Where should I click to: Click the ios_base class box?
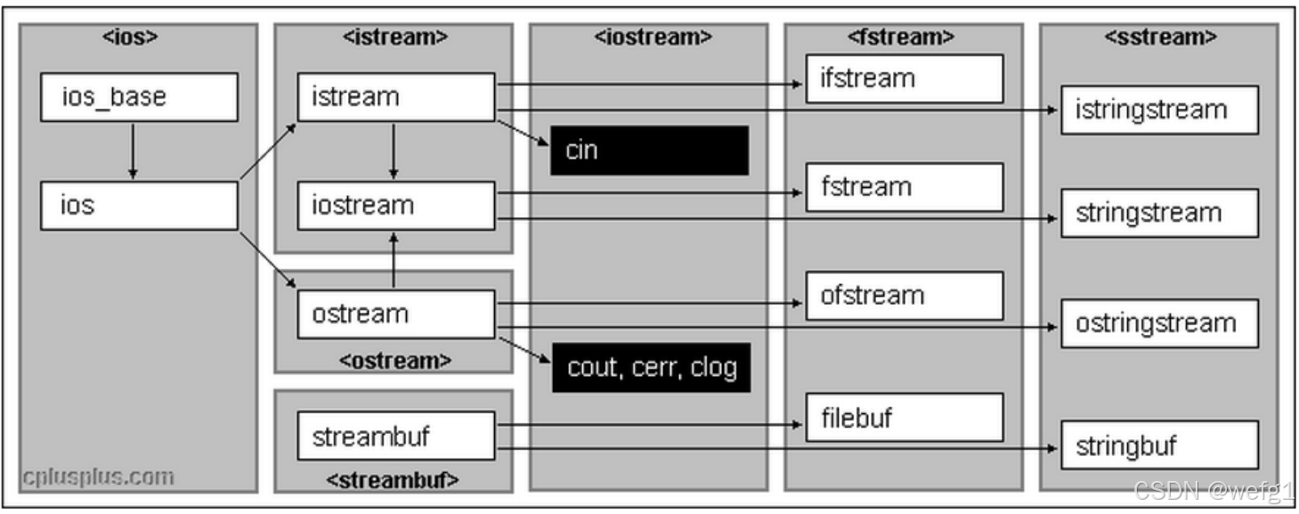coord(139,97)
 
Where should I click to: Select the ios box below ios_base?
coord(139,206)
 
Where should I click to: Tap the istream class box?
coord(395,97)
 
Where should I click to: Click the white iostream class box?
coord(395,206)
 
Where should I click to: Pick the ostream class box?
coord(395,314)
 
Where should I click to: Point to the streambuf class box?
coord(395,436)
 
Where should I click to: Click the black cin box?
coord(649,150)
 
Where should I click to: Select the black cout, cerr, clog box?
coord(651,367)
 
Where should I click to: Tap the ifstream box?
coord(904,78)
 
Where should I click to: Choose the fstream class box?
coord(904,187)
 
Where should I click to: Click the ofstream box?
coord(904,296)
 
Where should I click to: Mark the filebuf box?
coord(904,417)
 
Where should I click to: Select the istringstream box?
coord(1159,110)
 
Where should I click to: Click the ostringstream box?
coord(1159,323)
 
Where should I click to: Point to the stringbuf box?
coord(1159,445)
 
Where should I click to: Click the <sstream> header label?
coord(1160,37)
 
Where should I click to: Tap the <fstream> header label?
coord(904,37)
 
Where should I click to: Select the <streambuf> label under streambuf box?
coord(393,479)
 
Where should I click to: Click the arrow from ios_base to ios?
coord(132,151)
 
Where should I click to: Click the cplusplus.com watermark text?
coord(99,477)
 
